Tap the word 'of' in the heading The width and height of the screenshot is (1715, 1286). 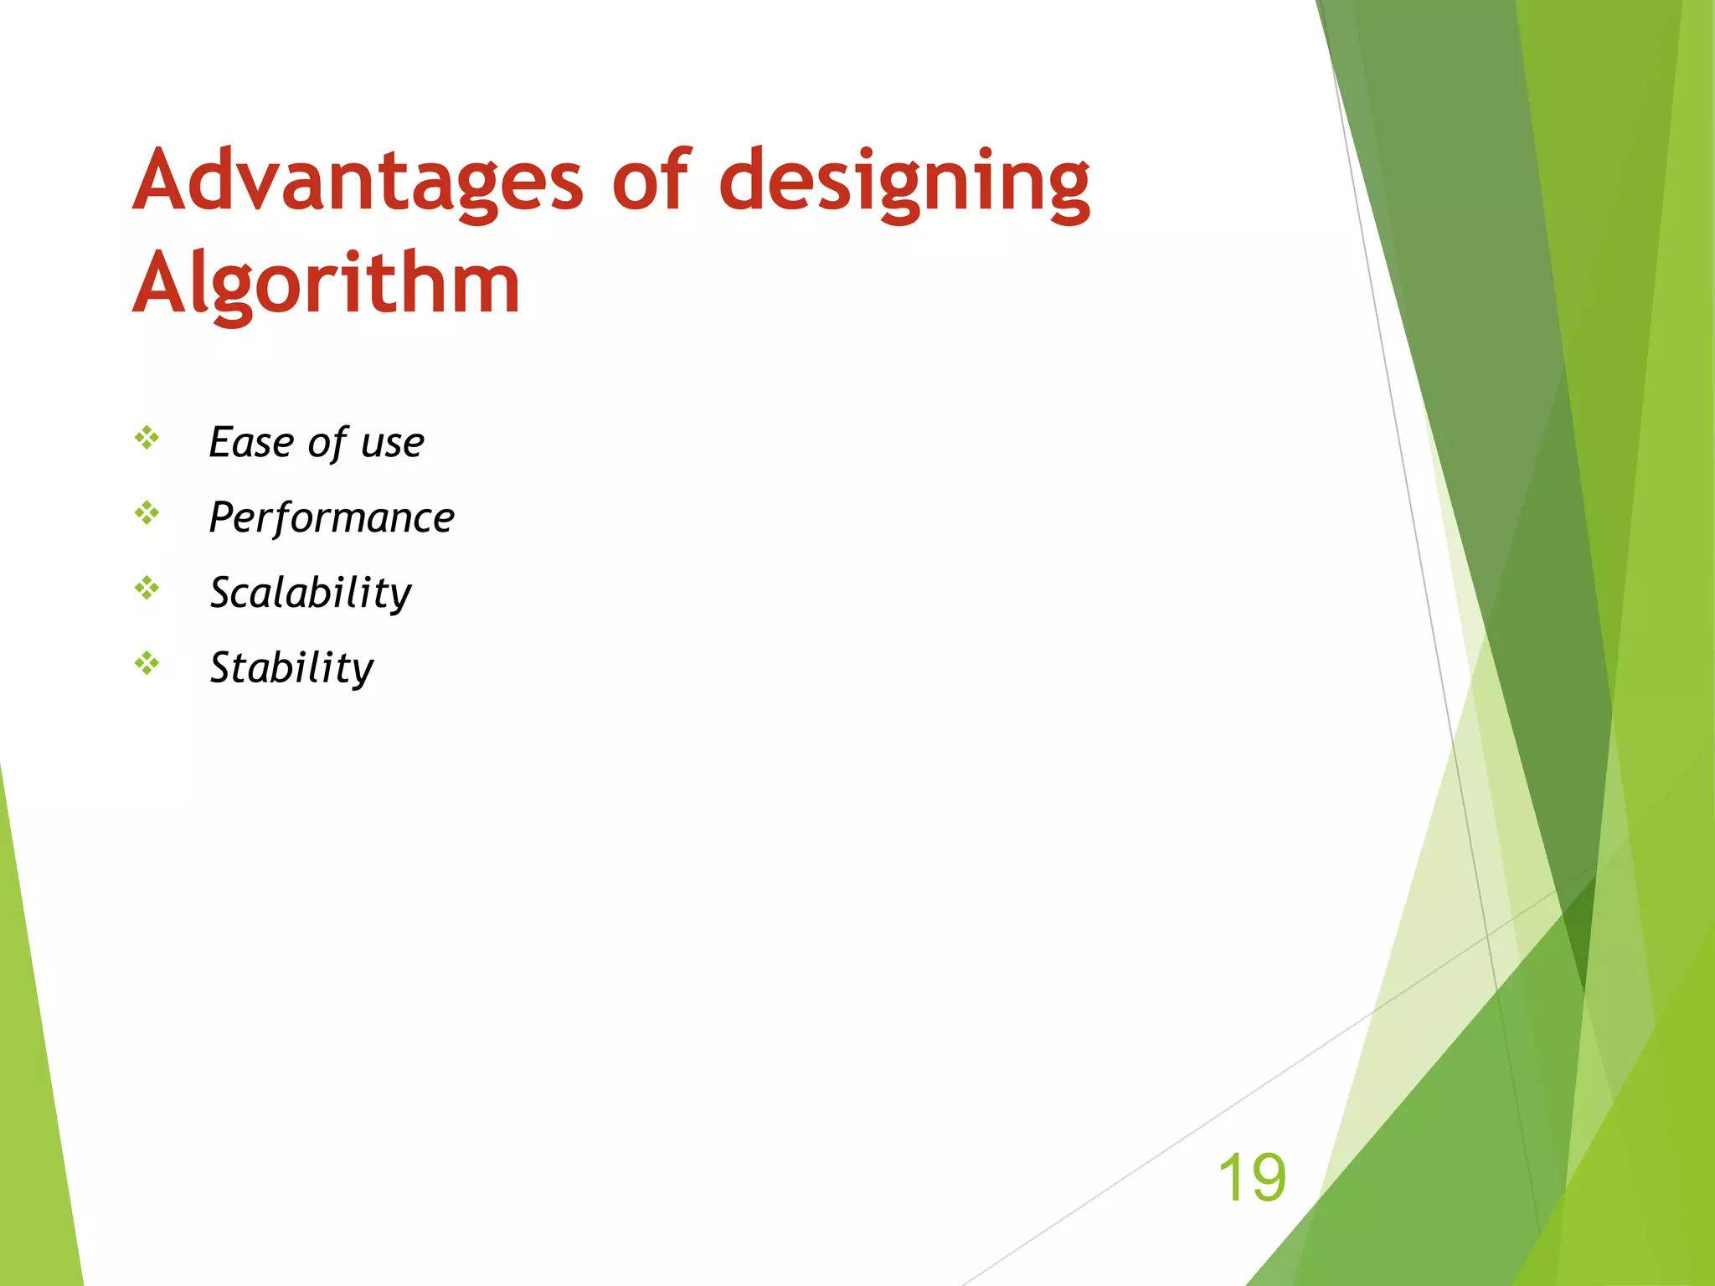pyautogui.click(x=651, y=181)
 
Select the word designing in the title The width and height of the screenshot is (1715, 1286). pyautogui.click(x=904, y=184)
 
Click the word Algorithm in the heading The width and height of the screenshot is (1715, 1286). pyautogui.click(x=327, y=285)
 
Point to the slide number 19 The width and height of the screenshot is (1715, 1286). pyautogui.click(x=1251, y=1177)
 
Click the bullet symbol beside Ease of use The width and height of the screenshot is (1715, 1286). pyautogui.click(x=147, y=437)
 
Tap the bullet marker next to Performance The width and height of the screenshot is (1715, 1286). pyautogui.click(x=147, y=512)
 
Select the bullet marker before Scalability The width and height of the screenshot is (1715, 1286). pyautogui.click(x=147, y=588)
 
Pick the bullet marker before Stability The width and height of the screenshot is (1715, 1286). pyautogui.click(x=147, y=663)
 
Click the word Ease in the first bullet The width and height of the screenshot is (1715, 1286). pyautogui.click(x=250, y=442)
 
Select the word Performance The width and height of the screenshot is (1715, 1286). pyautogui.click(x=332, y=517)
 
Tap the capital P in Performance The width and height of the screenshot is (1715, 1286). pyautogui.click(x=222, y=517)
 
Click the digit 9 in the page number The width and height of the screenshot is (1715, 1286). pyautogui.click(x=1268, y=1177)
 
